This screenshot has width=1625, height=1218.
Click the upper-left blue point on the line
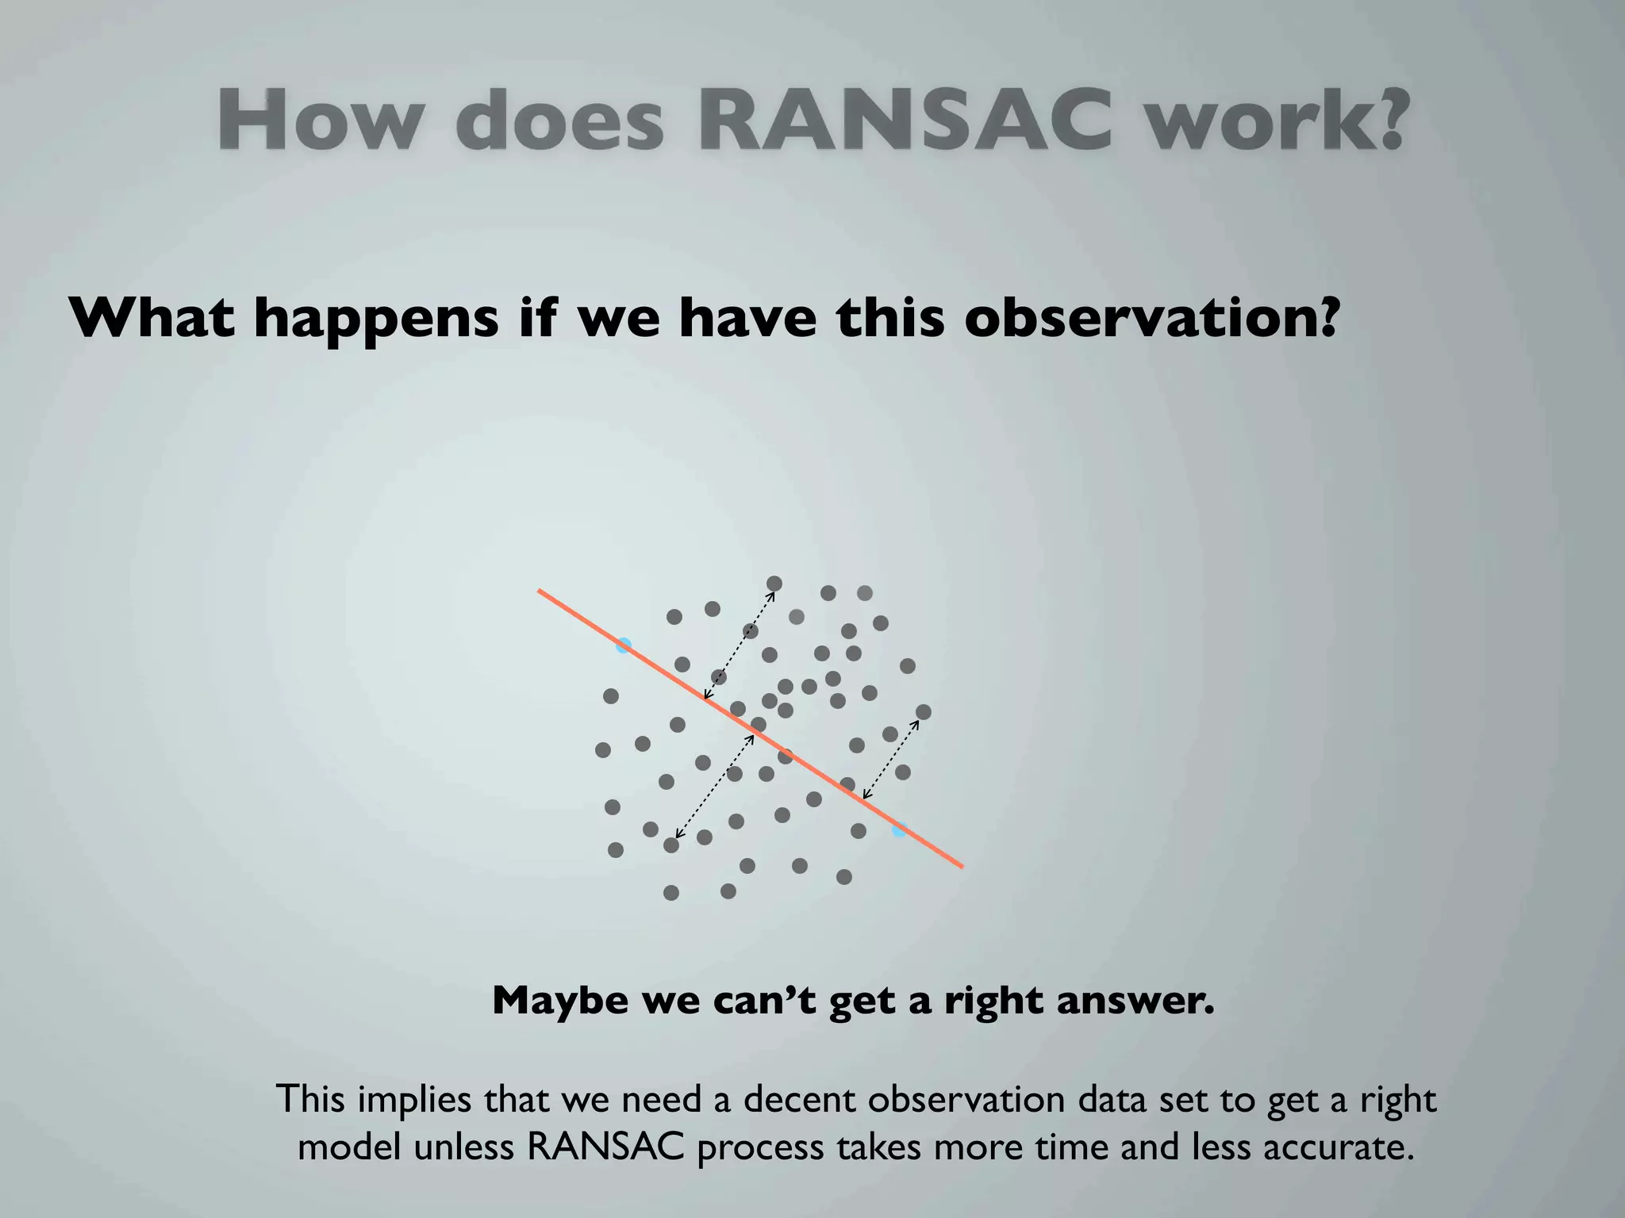[x=624, y=645]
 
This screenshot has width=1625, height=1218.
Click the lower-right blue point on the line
[x=899, y=830]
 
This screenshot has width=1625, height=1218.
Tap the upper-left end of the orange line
[x=540, y=591]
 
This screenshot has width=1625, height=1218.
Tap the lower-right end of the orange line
[x=962, y=867]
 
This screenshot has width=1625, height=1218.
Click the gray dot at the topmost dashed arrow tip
[x=774, y=584]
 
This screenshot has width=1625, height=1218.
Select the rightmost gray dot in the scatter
[x=923, y=712]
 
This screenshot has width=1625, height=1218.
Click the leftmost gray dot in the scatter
[x=603, y=749]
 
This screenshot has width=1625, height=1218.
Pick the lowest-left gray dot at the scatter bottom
[x=671, y=893]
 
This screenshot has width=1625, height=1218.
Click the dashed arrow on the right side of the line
[x=891, y=758]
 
